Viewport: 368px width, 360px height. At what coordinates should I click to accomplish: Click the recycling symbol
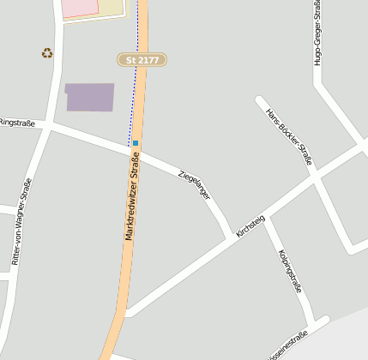[47, 53]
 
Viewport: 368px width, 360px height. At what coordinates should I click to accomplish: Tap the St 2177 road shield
[142, 60]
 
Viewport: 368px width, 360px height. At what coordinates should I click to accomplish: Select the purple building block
[90, 97]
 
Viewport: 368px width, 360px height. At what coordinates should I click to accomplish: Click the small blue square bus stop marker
[136, 142]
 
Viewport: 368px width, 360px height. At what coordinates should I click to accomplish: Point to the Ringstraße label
[17, 123]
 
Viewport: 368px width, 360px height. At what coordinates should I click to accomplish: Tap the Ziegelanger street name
[194, 184]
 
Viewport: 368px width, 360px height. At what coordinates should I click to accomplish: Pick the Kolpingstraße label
[291, 271]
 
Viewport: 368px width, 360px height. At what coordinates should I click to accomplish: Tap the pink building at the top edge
[81, 7]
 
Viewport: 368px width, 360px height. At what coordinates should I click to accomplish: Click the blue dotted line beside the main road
[133, 94]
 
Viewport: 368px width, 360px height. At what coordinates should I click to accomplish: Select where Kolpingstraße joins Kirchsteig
[267, 220]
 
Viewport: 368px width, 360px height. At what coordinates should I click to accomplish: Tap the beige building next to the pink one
[112, 7]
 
